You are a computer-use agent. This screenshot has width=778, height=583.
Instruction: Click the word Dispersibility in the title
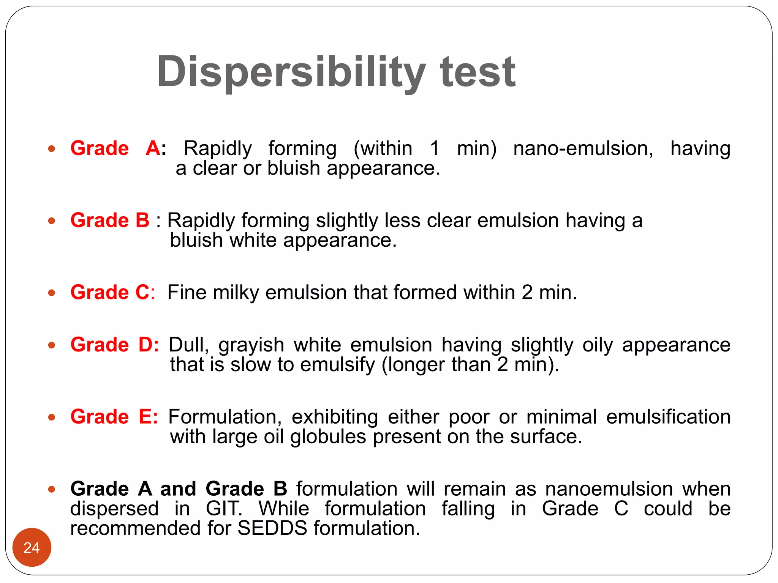[x=291, y=72]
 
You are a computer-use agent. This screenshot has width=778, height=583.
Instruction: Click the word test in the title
[x=478, y=72]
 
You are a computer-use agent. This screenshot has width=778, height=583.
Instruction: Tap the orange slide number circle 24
[x=32, y=547]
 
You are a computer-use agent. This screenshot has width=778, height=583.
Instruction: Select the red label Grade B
[x=110, y=220]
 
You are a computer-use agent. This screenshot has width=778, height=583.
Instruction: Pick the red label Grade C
[x=110, y=292]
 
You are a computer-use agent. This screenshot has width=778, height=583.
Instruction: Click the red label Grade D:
[x=114, y=345]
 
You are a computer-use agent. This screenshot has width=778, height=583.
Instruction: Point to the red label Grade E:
[x=114, y=417]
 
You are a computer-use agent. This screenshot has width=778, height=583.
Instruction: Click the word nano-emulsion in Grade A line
[x=583, y=148]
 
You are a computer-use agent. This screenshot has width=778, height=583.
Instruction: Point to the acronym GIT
[x=224, y=509]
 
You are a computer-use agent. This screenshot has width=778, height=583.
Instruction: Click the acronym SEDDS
[x=272, y=528]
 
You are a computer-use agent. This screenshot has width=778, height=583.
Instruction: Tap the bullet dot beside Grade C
[x=52, y=293]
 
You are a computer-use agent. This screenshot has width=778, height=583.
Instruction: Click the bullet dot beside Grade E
[x=52, y=417]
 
